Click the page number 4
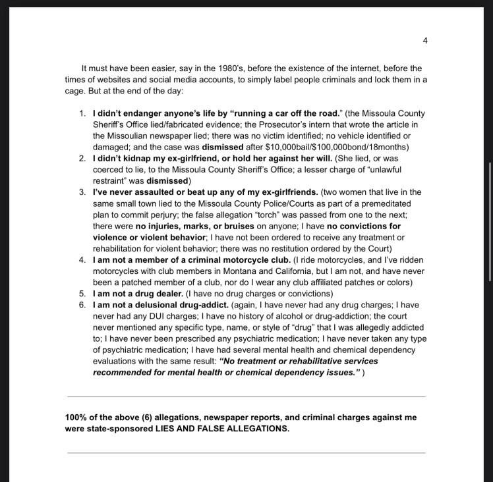pos(425,41)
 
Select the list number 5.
pos(82,293)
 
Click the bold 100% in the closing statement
pos(75,417)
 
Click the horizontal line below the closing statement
pos(246,453)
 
